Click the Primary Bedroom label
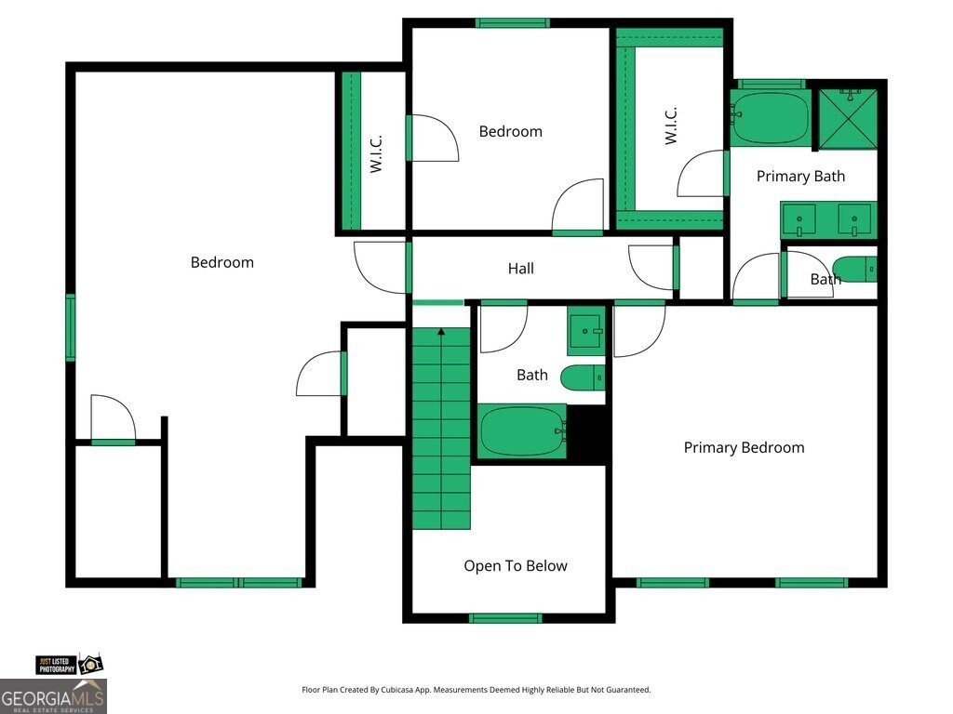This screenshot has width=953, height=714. coord(744,448)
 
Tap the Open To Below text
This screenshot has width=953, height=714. coord(516,566)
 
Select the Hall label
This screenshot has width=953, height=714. coord(521,269)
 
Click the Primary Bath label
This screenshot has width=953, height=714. coord(800,177)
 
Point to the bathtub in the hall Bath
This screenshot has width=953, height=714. coord(523,431)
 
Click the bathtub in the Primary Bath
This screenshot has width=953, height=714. coord(771,118)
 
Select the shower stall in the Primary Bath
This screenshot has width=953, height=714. coord(848,118)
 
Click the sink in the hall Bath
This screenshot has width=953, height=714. coord(586,331)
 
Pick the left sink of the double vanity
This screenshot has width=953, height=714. coord(799,219)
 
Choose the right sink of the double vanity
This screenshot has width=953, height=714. coord(854,219)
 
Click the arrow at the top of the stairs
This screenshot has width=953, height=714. coord(441,332)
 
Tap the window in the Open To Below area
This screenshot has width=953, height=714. coord(505,618)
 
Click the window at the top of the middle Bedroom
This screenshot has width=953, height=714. coord(513,23)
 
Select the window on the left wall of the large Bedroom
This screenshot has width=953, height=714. coord(71,327)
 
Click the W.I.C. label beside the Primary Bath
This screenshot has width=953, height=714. coord(671,126)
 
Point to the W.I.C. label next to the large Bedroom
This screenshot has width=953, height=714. coord(376,153)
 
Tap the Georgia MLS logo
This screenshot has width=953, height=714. coord(53,696)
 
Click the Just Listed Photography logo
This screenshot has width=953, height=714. coord(69,665)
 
